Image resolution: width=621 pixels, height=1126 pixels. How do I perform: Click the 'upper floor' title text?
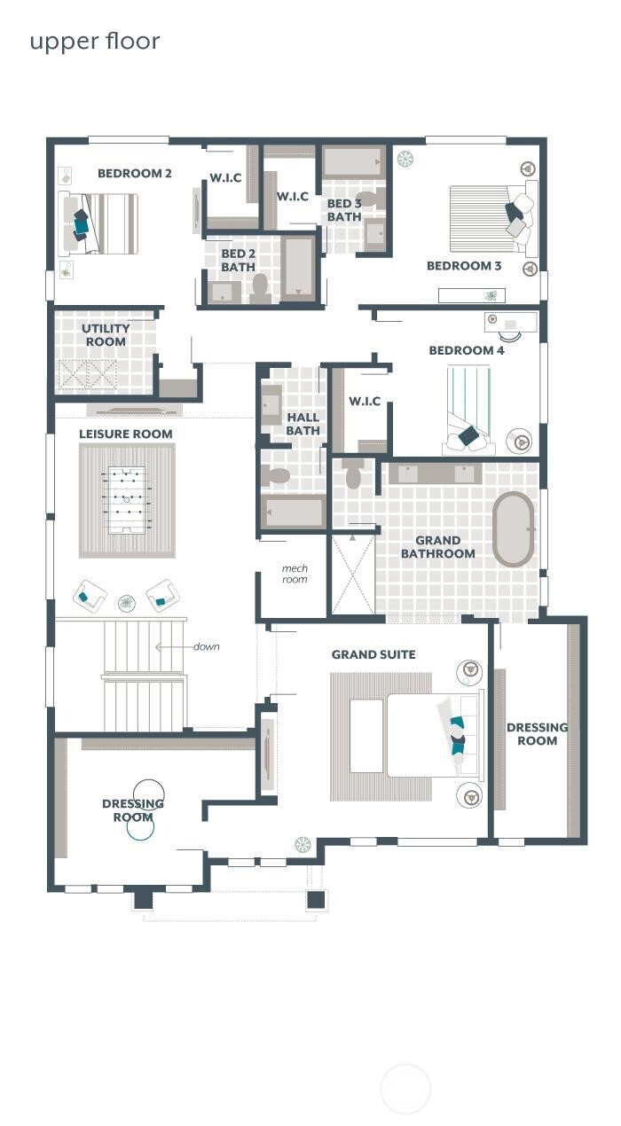pyautogui.click(x=95, y=42)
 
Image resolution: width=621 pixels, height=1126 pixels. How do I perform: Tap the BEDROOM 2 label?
pyautogui.click(x=135, y=173)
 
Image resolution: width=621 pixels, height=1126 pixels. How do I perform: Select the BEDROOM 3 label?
pyautogui.click(x=464, y=266)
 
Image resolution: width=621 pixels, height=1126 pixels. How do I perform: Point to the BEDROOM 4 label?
pyautogui.click(x=467, y=350)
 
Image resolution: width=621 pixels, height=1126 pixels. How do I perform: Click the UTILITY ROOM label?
pyautogui.click(x=106, y=334)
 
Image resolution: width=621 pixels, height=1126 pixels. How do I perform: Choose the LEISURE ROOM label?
pyautogui.click(x=126, y=434)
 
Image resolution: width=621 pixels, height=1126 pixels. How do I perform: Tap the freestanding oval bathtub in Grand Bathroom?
pyautogui.click(x=514, y=529)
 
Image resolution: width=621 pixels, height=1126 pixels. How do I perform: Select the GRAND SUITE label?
pyautogui.click(x=373, y=654)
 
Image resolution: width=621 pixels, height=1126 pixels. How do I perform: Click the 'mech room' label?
pyautogui.click(x=295, y=574)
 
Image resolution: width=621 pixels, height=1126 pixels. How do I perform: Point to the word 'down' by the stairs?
pyautogui.click(x=206, y=646)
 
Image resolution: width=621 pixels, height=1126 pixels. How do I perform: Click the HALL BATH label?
pyautogui.click(x=303, y=424)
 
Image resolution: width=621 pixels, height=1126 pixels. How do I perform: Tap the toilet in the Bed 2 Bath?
pyautogui.click(x=261, y=286)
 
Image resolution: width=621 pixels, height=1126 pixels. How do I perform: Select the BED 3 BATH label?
pyautogui.click(x=344, y=210)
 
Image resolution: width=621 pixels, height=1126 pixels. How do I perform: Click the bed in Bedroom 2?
pyautogui.click(x=98, y=223)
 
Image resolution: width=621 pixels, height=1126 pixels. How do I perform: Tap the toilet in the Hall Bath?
pyautogui.click(x=277, y=476)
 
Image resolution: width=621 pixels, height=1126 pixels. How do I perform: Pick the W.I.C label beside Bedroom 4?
pyautogui.click(x=364, y=401)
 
